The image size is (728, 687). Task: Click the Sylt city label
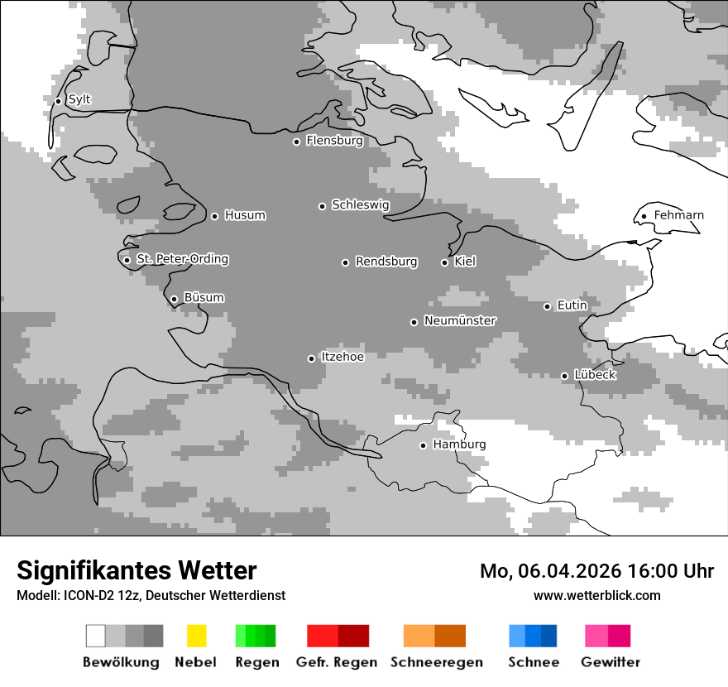click(79, 100)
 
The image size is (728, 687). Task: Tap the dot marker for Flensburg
click(296, 142)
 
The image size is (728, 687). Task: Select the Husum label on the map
click(245, 216)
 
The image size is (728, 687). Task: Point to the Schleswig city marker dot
click(322, 206)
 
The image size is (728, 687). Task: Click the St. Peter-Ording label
click(182, 260)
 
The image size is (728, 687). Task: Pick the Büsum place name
click(204, 298)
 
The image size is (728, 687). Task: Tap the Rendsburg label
click(386, 262)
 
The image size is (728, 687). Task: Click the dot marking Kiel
click(444, 262)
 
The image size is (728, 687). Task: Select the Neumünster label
click(460, 321)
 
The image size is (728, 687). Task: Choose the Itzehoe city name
click(342, 358)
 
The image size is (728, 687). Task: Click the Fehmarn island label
click(678, 216)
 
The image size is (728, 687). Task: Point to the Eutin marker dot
click(547, 306)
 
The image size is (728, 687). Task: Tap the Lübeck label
click(595, 375)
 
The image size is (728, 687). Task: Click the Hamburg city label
click(459, 444)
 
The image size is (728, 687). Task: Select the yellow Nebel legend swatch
click(196, 636)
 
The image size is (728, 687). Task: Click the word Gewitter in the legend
click(611, 662)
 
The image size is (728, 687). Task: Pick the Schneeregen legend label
click(437, 662)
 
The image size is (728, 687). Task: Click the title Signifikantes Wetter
click(136, 571)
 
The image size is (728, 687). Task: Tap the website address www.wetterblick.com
click(596, 596)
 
